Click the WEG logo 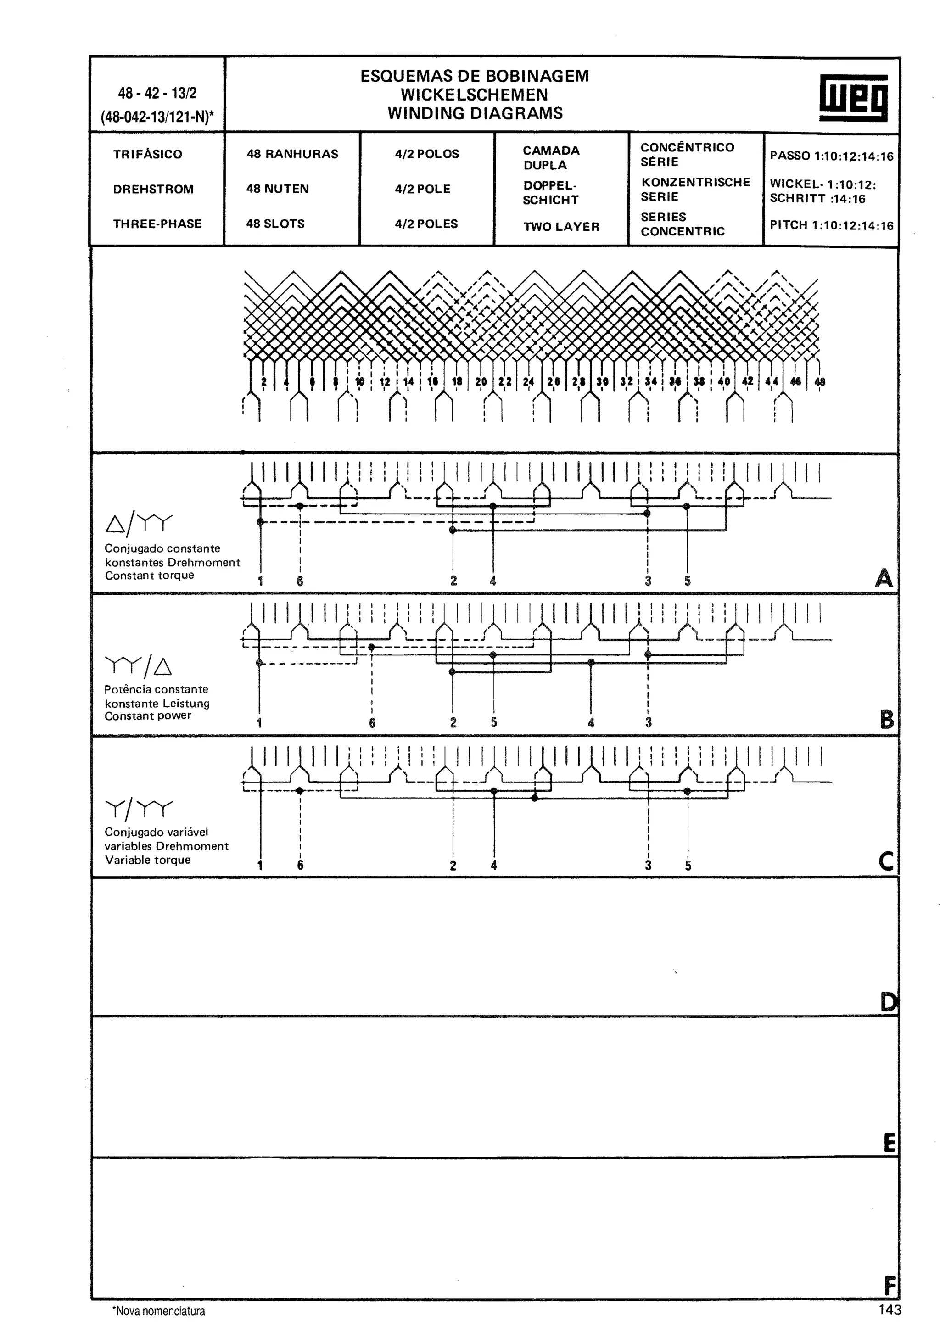coord(853,98)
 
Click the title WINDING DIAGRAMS coord(475,113)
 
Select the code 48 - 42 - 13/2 coord(157,93)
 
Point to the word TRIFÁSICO coord(147,155)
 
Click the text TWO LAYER coord(561,227)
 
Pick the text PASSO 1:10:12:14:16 coord(831,156)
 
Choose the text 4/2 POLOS coord(427,154)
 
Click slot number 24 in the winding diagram coord(528,382)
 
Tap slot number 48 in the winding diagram coord(820,382)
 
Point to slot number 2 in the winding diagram coord(263,382)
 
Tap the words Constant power coord(148,716)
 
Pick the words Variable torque coord(148,860)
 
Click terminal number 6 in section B coord(372,723)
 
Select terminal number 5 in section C coord(688,866)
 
